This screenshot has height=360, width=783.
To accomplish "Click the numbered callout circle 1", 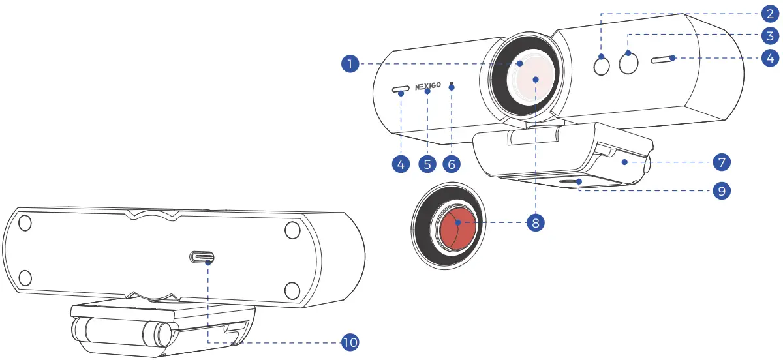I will [x=350, y=63].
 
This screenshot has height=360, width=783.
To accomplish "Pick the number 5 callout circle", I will [x=427, y=163].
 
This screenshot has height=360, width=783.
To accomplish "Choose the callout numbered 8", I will [x=535, y=222].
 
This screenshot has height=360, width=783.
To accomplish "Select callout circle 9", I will [x=722, y=190].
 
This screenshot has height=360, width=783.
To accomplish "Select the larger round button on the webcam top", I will [x=629, y=63].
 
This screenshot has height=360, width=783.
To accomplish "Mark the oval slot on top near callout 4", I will [x=663, y=60].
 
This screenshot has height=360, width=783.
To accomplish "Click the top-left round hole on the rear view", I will [x=24, y=223].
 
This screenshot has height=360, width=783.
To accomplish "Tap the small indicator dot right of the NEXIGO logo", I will [x=452, y=86].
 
